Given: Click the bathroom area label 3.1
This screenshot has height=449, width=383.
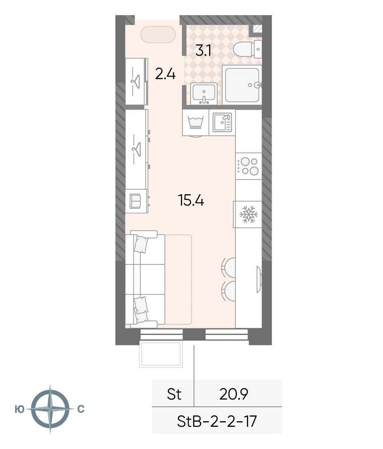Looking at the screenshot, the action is click(204, 50).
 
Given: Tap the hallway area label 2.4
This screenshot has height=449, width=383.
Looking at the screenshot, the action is click(165, 74).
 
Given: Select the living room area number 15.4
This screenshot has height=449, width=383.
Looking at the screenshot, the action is click(191, 200).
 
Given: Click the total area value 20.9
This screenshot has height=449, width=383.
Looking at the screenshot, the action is click(234, 394).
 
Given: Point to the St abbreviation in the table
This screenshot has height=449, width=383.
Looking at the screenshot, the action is click(174, 394).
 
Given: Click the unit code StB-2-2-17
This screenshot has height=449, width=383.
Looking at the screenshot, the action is click(217, 421).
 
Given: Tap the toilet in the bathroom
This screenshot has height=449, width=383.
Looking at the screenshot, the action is click(247, 49).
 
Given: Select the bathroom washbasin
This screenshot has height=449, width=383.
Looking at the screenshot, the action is click(204, 93).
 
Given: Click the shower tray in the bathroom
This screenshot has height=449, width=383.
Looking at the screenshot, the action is click(242, 85).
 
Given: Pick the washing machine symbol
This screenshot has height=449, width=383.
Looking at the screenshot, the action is click(196, 122).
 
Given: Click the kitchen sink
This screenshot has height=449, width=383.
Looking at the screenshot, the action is click(222, 122).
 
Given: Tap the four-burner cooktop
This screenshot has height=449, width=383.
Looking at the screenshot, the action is click(248, 166).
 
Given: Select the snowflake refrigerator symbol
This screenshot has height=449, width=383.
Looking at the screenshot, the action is click(248, 214).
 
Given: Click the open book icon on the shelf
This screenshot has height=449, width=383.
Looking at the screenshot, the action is click(135, 201).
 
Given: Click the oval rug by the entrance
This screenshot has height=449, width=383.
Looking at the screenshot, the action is click(158, 35).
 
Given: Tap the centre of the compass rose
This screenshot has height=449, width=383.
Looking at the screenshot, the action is click(50, 409).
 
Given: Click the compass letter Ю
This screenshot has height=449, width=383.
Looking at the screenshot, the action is click(20, 410).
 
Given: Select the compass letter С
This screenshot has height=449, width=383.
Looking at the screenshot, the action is click(81, 409).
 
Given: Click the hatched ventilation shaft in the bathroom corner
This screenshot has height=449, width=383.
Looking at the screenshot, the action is click(258, 29).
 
